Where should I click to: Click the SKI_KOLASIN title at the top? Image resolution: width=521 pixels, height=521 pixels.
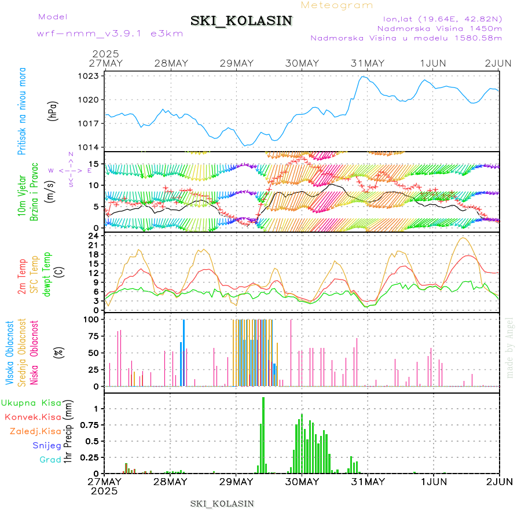coord(241,21)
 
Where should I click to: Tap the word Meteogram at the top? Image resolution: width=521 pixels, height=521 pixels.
coord(337,5)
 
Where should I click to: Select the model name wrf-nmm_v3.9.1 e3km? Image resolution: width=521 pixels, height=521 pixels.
coord(110,34)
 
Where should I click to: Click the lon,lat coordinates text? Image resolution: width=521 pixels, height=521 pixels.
coord(438,18)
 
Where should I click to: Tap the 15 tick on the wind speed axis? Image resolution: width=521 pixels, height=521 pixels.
coord(94,163)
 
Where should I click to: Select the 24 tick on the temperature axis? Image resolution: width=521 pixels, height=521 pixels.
coord(94,236)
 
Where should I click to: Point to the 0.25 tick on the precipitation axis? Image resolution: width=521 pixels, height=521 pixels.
coord(90,457)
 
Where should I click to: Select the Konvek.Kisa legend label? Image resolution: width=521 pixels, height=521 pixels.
coord(32,417)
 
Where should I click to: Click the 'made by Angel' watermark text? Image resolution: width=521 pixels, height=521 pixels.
coord(510,347)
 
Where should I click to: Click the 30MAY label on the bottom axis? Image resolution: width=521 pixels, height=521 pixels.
coord(302,482)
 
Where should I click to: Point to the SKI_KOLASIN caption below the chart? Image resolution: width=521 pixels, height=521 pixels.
coord(222,504)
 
